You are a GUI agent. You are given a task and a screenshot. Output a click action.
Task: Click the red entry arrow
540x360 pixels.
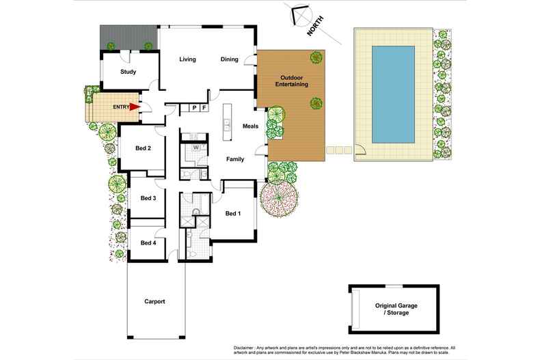(134, 107)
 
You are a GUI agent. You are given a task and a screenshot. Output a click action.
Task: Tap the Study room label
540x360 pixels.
(128, 72)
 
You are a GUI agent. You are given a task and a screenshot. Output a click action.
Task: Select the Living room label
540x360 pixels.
(187, 59)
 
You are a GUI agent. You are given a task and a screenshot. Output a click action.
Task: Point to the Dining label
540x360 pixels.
(230, 59)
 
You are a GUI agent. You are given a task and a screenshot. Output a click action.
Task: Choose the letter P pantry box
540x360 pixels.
(194, 108)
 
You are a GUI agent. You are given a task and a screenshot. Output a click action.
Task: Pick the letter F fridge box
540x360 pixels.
(204, 108)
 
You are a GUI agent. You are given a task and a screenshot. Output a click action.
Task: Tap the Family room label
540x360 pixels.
(236, 159)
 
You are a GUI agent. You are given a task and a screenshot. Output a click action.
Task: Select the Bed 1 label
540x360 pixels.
(233, 214)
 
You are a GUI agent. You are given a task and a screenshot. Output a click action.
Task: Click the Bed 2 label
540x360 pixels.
(143, 148)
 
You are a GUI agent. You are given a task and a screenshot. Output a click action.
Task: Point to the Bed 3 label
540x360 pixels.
(148, 198)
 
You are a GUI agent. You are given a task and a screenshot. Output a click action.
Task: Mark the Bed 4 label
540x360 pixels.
(148, 243)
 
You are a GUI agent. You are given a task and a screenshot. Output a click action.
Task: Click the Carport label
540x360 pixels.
(154, 301)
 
